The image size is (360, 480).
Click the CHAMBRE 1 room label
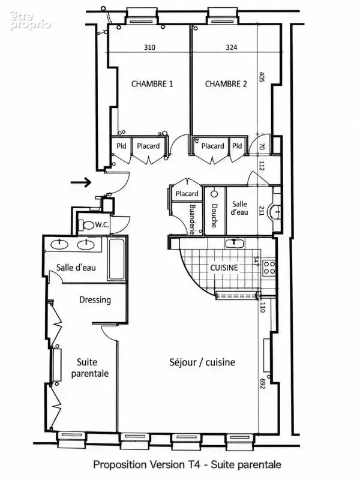(x=152, y=84)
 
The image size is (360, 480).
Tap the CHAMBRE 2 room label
(x=226, y=84)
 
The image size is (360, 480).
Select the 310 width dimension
(x=149, y=47)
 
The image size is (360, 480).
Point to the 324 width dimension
(x=232, y=47)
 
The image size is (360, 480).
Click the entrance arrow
(x=81, y=182)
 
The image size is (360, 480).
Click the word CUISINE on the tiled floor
(x=224, y=268)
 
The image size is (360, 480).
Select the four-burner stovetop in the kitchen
(x=269, y=268)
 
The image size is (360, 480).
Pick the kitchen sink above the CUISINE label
(x=235, y=244)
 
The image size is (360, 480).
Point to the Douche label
(x=214, y=216)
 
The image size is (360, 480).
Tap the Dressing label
(x=95, y=300)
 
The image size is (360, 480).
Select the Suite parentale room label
(x=89, y=368)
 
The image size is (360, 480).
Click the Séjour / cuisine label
(x=202, y=362)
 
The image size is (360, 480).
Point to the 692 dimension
(x=262, y=383)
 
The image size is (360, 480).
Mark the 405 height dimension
(x=262, y=77)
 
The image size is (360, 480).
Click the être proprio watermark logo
(x=30, y=21)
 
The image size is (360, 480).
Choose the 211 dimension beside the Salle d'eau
(x=261, y=211)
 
